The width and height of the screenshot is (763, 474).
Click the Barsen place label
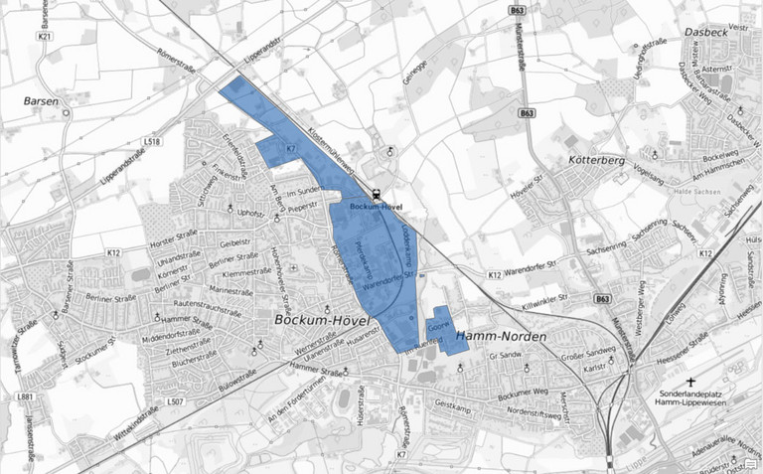(x=41, y=100)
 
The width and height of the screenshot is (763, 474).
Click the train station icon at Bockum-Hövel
(x=376, y=195)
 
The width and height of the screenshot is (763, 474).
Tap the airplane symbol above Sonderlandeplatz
(x=691, y=381)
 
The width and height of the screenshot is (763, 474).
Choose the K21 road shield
(x=44, y=37)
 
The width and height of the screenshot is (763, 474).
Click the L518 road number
(x=152, y=142)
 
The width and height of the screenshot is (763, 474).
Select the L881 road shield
(x=26, y=397)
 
